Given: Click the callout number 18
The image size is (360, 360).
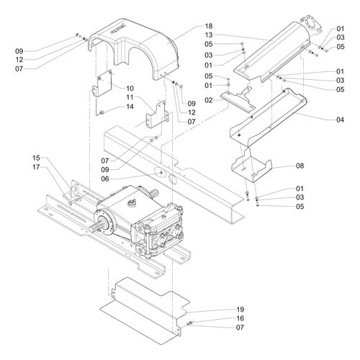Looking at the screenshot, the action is (x=209, y=26).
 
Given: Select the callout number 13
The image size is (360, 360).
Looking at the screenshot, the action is (x=209, y=35).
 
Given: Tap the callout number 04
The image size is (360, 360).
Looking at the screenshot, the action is (x=340, y=120).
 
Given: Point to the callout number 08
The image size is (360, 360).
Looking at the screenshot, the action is (x=300, y=166).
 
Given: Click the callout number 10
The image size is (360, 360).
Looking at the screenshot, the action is (x=130, y=89).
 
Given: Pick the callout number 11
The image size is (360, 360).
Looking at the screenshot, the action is (x=130, y=97).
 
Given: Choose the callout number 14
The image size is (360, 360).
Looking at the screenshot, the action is (x=130, y=107).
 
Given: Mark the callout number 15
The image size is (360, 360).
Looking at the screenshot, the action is (x=36, y=158).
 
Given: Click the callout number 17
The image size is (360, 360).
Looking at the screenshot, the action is (x=36, y=167).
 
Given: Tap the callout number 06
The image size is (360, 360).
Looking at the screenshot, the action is (x=105, y=179).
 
